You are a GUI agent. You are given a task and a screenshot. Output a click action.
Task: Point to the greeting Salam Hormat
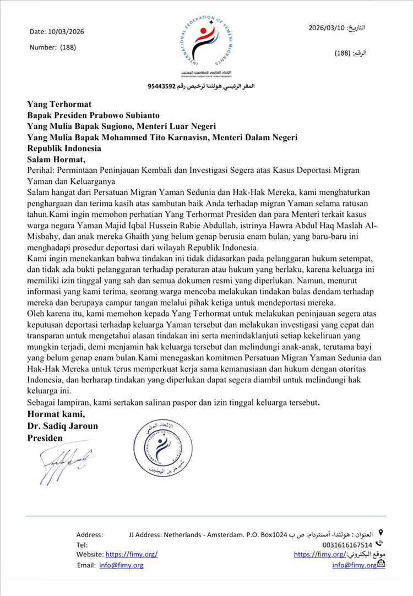pyautogui.click(x=57, y=160)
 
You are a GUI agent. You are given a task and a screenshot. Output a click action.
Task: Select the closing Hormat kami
pyautogui.click(x=56, y=414)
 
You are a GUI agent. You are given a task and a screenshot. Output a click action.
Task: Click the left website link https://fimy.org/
pyautogui.click(x=131, y=554)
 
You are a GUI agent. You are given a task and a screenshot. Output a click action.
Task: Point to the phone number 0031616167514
pyautogui.click(x=347, y=544)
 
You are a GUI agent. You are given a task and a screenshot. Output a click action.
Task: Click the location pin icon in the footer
pyautogui.click(x=381, y=533)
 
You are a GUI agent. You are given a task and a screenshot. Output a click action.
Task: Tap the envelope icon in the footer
pyautogui.click(x=381, y=564)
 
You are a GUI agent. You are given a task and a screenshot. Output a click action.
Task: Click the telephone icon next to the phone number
pyautogui.click(x=379, y=543)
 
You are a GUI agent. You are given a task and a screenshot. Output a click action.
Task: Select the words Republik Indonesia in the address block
pyautogui.click(x=64, y=149)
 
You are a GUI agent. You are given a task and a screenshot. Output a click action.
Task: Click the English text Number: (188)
pyautogui.click(x=53, y=47)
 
